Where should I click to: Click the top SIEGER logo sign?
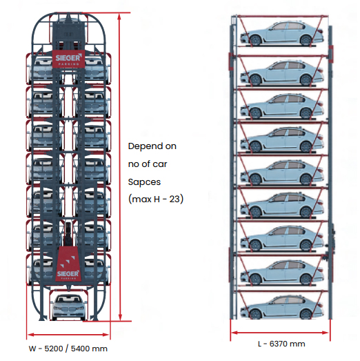point(68,59)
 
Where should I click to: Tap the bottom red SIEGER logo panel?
point(68,264)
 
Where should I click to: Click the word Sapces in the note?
point(144,182)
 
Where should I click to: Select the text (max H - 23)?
point(156,199)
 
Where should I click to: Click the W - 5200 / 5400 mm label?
point(68,349)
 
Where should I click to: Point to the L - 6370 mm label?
point(281,344)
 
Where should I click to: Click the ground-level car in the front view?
point(69,307)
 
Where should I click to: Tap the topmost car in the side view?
point(282,34)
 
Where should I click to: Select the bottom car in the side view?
point(282,307)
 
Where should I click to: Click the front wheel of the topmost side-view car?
point(255,40)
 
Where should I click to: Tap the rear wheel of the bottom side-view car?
point(306,313)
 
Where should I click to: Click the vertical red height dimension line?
point(119,167)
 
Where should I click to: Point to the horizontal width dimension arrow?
point(68,334)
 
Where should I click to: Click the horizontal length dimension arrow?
point(280,333)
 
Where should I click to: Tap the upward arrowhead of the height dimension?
point(119,17)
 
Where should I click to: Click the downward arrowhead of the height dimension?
point(120,317)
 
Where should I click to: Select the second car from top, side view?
point(282,73)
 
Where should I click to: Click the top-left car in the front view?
point(44,69)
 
